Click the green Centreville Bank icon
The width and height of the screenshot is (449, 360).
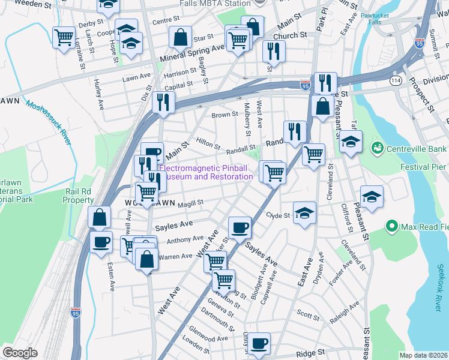pos(378,148)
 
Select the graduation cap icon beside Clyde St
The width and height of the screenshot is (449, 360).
pos(305,212)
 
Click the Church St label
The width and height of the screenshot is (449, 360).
pos(290,36)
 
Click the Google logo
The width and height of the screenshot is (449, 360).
pos(20,353)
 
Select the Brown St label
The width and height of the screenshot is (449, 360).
pos(225,115)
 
